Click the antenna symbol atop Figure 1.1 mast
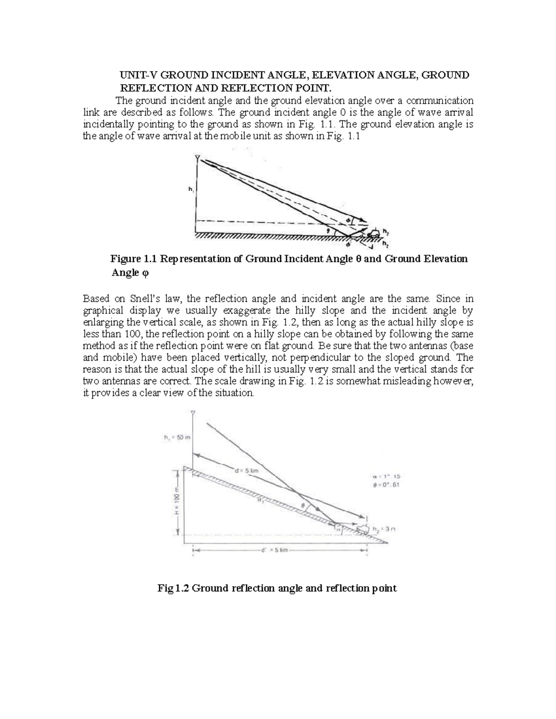click(197, 158)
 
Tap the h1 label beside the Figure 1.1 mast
click(190, 189)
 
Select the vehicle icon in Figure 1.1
click(374, 232)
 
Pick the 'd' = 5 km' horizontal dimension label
click(275, 550)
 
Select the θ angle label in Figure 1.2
click(303, 506)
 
